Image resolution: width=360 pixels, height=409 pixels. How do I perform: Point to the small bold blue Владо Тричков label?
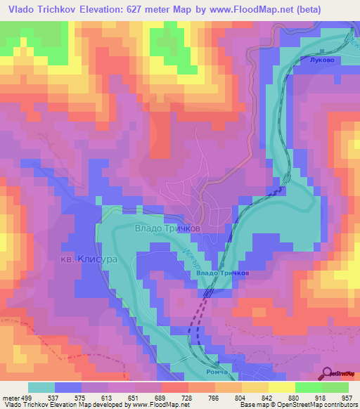point(223,273)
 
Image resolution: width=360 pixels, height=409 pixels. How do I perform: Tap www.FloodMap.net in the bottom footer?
point(153,404)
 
